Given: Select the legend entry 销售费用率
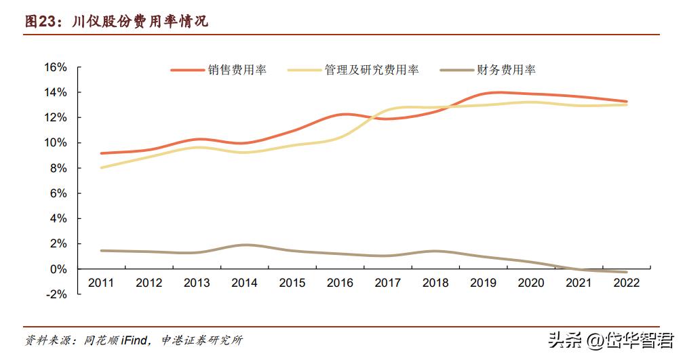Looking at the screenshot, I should point(237,70).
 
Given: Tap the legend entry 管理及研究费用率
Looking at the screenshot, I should point(371,70).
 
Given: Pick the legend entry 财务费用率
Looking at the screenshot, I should point(506,70).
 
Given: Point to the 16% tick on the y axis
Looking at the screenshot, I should point(56,67).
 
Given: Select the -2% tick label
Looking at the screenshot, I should point(57,294).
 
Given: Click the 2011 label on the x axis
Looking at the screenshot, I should point(101,283).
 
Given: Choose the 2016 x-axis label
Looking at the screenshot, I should point(340,283).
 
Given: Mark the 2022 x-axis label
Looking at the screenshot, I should point(626,283).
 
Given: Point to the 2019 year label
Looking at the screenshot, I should point(483,283).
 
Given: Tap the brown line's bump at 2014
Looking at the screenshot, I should point(244,245).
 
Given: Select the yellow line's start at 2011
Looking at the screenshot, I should point(101,167).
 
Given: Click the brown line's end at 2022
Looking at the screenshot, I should point(626,272).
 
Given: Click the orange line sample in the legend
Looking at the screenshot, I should point(187,70).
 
